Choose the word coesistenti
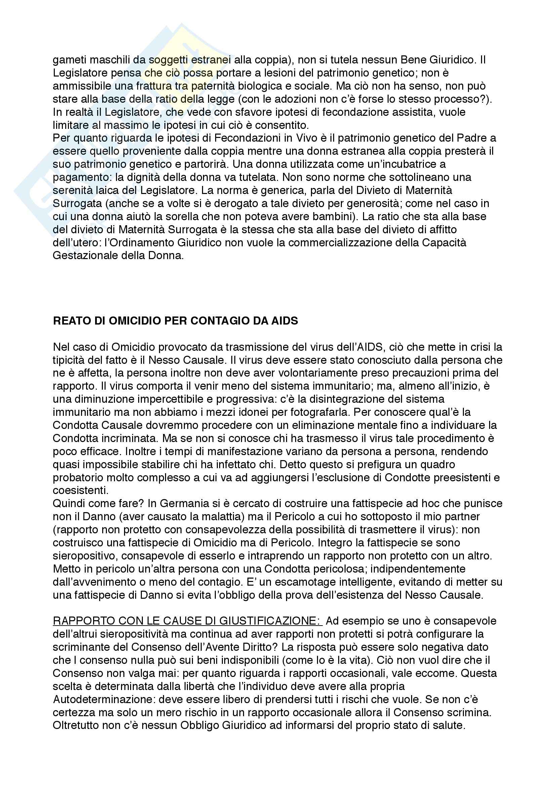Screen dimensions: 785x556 (x=80, y=491)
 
